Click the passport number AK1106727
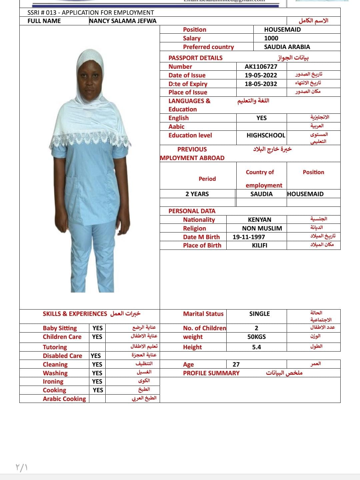pyautogui.click(x=261, y=66)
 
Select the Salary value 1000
pyautogui.click(x=271, y=38)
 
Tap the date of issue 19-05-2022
pyautogui.click(x=261, y=75)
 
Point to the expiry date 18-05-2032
pyautogui.click(x=261, y=84)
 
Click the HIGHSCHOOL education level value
pyautogui.click(x=266, y=135)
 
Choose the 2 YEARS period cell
pyautogui.click(x=197, y=194)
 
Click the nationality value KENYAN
pyautogui.click(x=260, y=219)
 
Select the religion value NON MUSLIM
pyautogui.click(x=262, y=228)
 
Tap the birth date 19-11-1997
pyautogui.click(x=249, y=237)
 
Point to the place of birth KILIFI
pyautogui.click(x=260, y=245)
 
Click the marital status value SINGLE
pyautogui.click(x=260, y=314)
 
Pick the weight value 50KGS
pyautogui.click(x=257, y=337)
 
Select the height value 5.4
pyautogui.click(x=257, y=347)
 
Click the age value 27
pyautogui.click(x=236, y=364)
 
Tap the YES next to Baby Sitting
pyautogui.click(x=98, y=328)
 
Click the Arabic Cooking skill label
pyautogui.click(x=64, y=399)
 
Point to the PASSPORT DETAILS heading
pyautogui.click(x=195, y=58)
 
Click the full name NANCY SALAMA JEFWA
pyautogui.click(x=123, y=21)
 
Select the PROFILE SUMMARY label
pyautogui.click(x=211, y=373)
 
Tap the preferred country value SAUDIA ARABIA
pyautogui.click(x=287, y=47)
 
